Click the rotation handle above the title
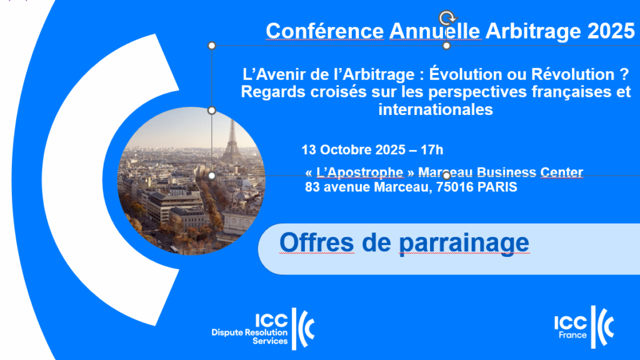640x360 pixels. pyautogui.click(x=447, y=18)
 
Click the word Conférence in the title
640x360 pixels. pyautogui.click(x=325, y=31)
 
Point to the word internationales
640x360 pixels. pyautogui.click(x=436, y=109)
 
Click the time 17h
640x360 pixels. pyautogui.click(x=432, y=150)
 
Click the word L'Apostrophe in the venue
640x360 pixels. pyautogui.click(x=360, y=172)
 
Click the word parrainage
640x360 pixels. pyautogui.click(x=464, y=243)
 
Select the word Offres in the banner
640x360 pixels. pyautogui.click(x=317, y=242)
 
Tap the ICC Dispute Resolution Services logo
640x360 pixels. pyautogui.click(x=263, y=329)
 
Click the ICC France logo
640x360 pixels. pyautogui.click(x=584, y=327)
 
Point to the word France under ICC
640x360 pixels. pyautogui.click(x=572, y=335)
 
